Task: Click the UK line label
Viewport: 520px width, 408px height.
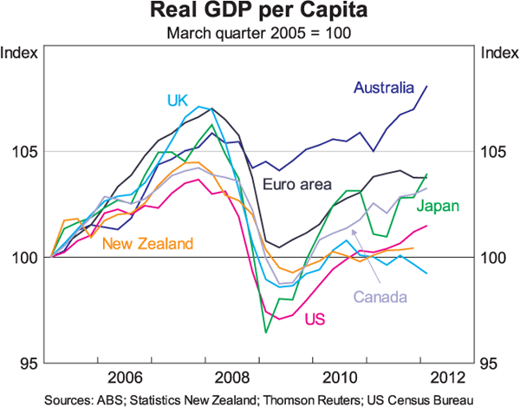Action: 179,100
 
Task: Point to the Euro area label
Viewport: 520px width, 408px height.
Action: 295,183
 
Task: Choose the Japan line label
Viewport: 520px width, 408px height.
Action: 437,206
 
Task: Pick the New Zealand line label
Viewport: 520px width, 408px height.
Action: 146,244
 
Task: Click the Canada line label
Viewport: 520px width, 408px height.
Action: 380,297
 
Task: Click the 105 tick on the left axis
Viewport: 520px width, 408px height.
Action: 23,152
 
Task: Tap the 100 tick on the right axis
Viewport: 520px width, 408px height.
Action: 496,258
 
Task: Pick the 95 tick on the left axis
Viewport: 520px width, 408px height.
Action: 26,363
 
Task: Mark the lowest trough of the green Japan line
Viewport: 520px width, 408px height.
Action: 265,332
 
